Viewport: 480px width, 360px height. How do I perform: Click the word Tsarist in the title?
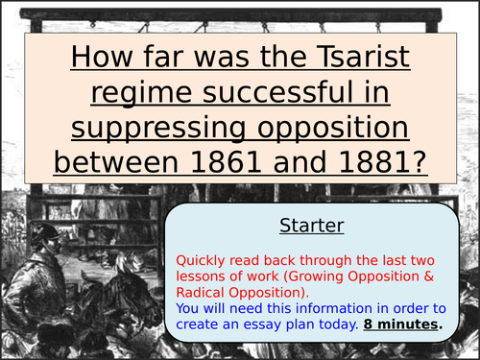(355, 60)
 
